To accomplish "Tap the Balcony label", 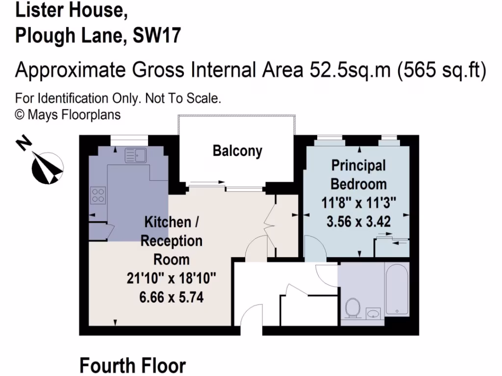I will pyautogui.click(x=237, y=151).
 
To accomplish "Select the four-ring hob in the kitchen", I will pyautogui.click(x=98, y=195).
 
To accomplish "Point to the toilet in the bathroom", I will pyautogui.click(x=352, y=308).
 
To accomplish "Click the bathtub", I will pyautogui.click(x=397, y=289).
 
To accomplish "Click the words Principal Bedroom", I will pyautogui.click(x=358, y=175).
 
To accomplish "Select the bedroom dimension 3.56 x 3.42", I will pyautogui.click(x=358, y=221).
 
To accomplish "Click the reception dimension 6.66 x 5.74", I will pyautogui.click(x=171, y=296).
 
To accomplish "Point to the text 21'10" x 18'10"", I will pyautogui.click(x=171, y=278).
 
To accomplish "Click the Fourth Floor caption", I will pyautogui.click(x=132, y=365).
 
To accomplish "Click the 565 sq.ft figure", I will pyautogui.click(x=441, y=70).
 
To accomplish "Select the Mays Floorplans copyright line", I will pyautogui.click(x=68, y=115).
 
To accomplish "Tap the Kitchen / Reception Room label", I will pyautogui.click(x=171, y=240).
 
